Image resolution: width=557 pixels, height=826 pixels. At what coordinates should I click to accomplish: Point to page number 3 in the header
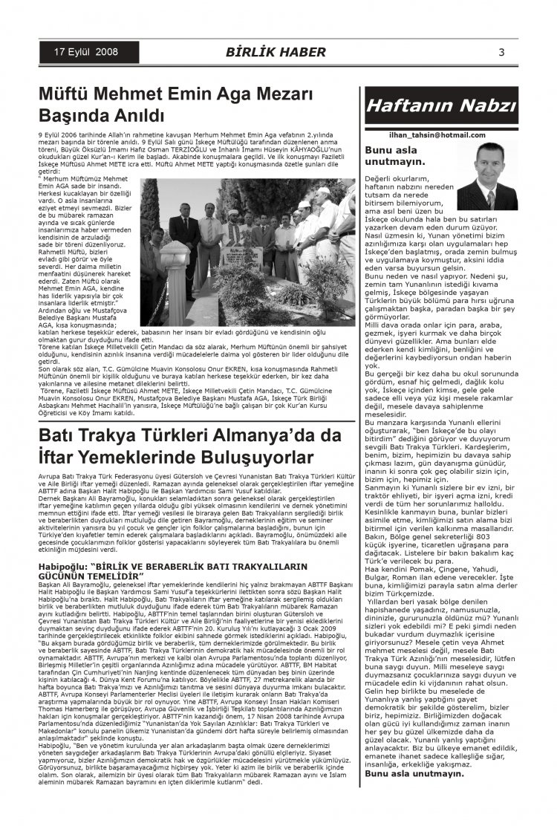tap(501, 52)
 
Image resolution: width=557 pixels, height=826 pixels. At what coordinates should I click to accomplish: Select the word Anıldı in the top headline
tap(136, 116)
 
